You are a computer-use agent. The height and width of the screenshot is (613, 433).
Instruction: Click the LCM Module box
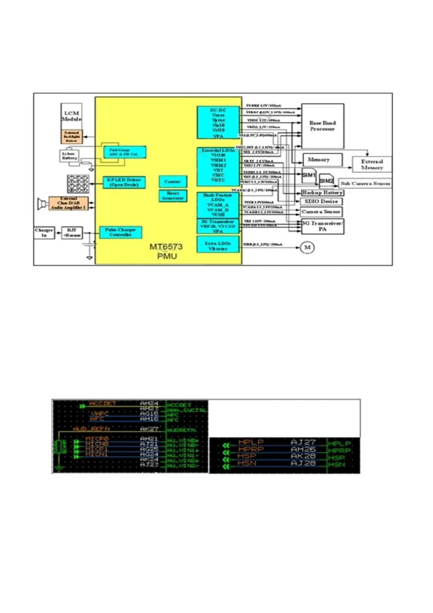[71, 116]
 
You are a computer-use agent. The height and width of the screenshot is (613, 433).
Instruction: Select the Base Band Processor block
[323, 126]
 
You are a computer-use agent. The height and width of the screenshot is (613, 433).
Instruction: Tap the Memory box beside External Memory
[322, 160]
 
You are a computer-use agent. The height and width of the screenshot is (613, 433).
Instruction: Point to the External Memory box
[372, 165]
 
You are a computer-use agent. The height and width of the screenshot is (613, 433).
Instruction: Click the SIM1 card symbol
[309, 175]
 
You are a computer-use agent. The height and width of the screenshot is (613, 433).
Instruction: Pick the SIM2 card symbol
[326, 181]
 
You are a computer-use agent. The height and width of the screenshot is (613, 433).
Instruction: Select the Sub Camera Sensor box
[365, 184]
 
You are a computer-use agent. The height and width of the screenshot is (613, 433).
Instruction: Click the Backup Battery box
[322, 193]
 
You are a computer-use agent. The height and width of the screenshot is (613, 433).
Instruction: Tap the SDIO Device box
[321, 201]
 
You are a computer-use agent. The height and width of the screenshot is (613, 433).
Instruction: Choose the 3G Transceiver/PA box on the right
[323, 226]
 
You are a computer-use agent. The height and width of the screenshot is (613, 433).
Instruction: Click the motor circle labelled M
[307, 247]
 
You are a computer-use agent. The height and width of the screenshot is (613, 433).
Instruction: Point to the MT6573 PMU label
[166, 251]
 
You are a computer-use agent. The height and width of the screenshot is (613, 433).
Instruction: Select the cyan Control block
[173, 182]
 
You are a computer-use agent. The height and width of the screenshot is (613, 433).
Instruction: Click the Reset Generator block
[173, 196]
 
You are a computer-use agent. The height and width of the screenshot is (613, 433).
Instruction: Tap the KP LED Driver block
[124, 182]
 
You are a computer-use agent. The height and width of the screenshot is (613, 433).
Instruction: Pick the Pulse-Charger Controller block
[120, 232]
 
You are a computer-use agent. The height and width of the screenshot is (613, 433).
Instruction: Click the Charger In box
[44, 232]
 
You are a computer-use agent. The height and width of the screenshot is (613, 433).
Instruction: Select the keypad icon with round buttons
[78, 184]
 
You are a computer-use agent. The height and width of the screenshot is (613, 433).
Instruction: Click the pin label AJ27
[303, 442]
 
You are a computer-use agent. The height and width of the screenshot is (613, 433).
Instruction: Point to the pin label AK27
[149, 429]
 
